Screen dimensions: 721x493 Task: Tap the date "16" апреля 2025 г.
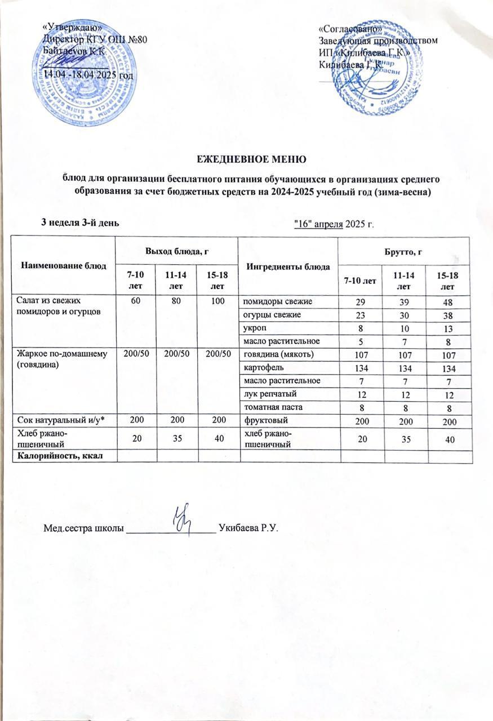[335, 224]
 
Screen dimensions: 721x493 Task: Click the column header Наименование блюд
[63, 265]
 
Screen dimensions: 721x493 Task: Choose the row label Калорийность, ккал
[59, 456]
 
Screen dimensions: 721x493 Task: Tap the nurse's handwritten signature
[183, 517]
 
